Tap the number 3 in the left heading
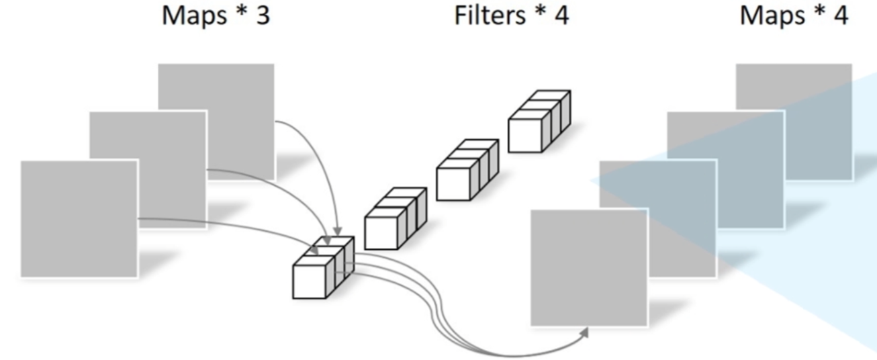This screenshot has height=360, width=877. (x=263, y=17)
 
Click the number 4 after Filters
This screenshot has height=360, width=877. (x=561, y=17)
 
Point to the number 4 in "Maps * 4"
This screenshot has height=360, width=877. (x=840, y=17)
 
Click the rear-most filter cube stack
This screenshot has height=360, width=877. (x=538, y=121)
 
